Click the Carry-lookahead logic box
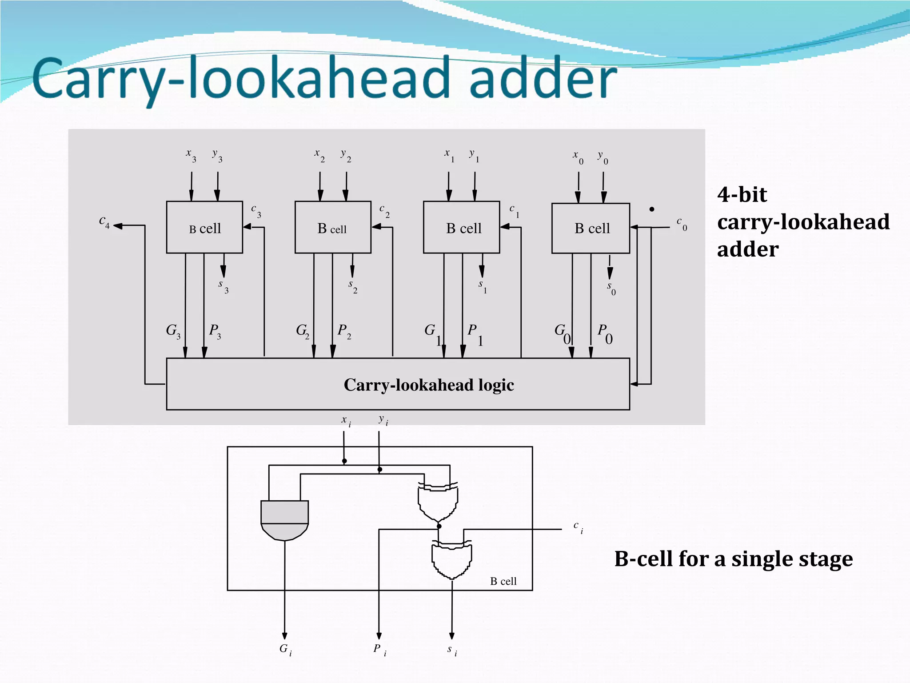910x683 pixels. [398, 384]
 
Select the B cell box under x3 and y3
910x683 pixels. [204, 227]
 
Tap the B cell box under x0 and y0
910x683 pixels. [591, 228]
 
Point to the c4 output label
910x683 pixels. [104, 221]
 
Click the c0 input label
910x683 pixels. [682, 223]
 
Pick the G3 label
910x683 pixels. [173, 331]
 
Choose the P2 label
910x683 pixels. [344, 331]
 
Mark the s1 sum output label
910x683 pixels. [483, 286]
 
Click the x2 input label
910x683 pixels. [319, 155]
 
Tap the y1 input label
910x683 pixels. [474, 155]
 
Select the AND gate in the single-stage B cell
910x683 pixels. [284, 520]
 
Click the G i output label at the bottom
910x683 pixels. [285, 650]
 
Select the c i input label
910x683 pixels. [578, 527]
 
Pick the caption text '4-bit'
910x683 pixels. [742, 195]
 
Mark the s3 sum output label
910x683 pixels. [223, 286]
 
